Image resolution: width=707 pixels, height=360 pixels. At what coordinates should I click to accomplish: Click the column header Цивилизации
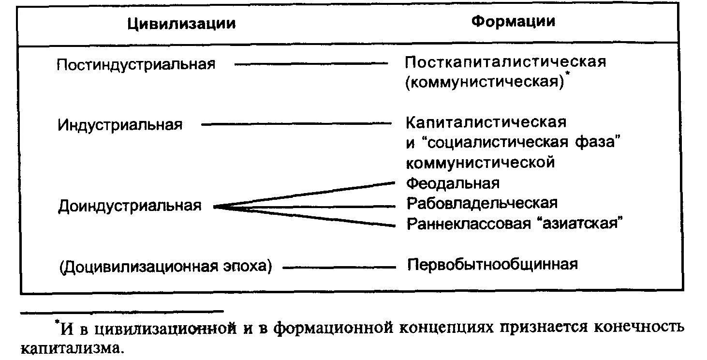click(x=182, y=24)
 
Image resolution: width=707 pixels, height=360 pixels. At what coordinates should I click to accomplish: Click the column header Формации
click(x=513, y=22)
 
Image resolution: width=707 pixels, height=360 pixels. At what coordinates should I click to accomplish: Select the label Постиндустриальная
click(x=136, y=64)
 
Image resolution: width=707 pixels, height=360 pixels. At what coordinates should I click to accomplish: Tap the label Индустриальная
click(x=120, y=125)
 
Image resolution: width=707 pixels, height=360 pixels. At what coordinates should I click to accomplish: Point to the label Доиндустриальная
click(x=130, y=206)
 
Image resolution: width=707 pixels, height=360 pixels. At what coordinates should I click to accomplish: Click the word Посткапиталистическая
click(x=505, y=62)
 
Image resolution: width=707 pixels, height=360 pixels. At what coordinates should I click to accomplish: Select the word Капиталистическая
click(x=486, y=122)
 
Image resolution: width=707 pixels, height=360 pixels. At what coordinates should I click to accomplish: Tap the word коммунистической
click(x=480, y=163)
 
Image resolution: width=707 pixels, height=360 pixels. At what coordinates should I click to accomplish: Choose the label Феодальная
click(x=453, y=183)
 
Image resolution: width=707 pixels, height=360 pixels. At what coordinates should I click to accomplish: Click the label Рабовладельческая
click(x=482, y=203)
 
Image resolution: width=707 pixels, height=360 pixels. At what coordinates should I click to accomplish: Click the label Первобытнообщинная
click(x=492, y=264)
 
